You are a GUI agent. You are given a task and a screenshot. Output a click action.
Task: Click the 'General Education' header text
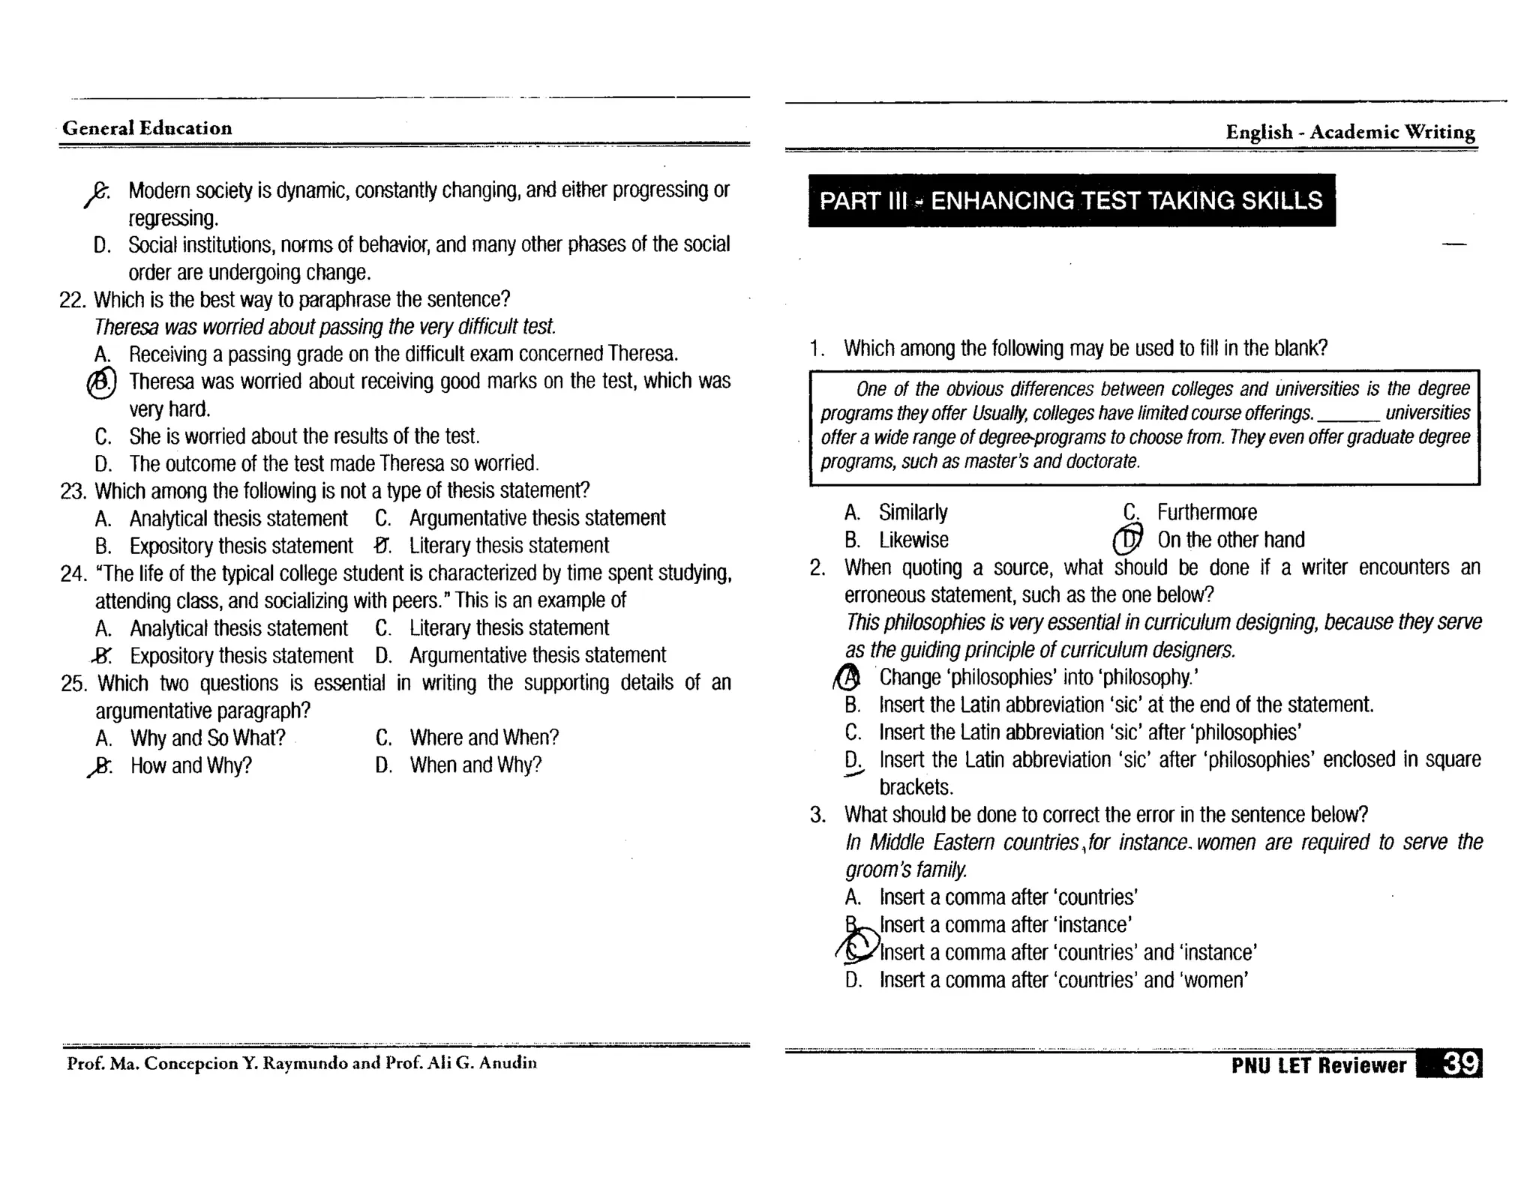[x=147, y=128]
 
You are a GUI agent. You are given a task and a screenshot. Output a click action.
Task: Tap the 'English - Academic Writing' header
[x=1350, y=132]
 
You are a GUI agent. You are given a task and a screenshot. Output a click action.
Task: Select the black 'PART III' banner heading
[x=1071, y=200]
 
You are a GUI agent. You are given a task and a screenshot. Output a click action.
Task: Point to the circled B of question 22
[x=102, y=383]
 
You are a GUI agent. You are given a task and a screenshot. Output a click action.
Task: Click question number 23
[x=73, y=491]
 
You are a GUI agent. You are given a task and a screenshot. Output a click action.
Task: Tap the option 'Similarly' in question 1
[x=913, y=512]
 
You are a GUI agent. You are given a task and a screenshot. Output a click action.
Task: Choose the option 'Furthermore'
[x=1206, y=512]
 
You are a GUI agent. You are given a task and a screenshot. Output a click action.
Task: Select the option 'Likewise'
[x=913, y=540]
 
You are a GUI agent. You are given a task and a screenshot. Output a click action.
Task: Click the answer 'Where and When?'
[x=484, y=738]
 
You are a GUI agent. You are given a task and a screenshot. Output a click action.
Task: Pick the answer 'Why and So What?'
[x=208, y=738]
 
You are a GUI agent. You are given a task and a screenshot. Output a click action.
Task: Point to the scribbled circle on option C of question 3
[x=859, y=947]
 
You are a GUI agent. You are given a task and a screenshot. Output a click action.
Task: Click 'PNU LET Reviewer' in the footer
[x=1318, y=1065]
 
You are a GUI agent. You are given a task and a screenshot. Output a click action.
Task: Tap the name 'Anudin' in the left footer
[x=508, y=1062]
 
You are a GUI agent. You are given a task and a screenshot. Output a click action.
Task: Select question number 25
[x=73, y=684]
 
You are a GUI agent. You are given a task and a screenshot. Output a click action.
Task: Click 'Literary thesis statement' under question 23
[x=508, y=546]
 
